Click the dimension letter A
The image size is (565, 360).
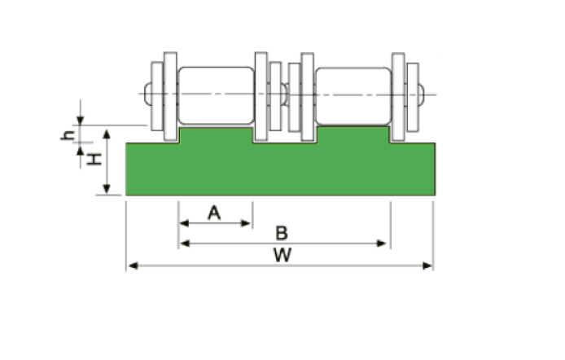(214, 213)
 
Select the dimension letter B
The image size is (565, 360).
(282, 233)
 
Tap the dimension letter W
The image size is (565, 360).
(282, 255)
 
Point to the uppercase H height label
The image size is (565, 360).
(94, 159)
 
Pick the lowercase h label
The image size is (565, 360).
(68, 134)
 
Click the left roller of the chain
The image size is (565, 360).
(216, 95)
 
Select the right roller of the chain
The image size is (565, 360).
(353, 96)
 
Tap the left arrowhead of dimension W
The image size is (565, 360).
(133, 266)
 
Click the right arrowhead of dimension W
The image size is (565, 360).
(427, 266)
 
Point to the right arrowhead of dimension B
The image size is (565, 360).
(381, 244)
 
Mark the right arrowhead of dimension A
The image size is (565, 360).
(245, 223)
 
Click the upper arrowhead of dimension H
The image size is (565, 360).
(107, 134)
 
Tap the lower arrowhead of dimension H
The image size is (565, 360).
(107, 189)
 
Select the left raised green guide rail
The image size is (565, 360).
(216, 135)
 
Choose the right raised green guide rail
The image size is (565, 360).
(353, 134)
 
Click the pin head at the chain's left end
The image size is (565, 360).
(147, 94)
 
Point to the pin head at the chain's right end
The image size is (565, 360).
(421, 94)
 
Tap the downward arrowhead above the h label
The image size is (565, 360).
(81, 121)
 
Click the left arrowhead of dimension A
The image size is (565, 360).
(184, 223)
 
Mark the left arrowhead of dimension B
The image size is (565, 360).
(185, 244)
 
